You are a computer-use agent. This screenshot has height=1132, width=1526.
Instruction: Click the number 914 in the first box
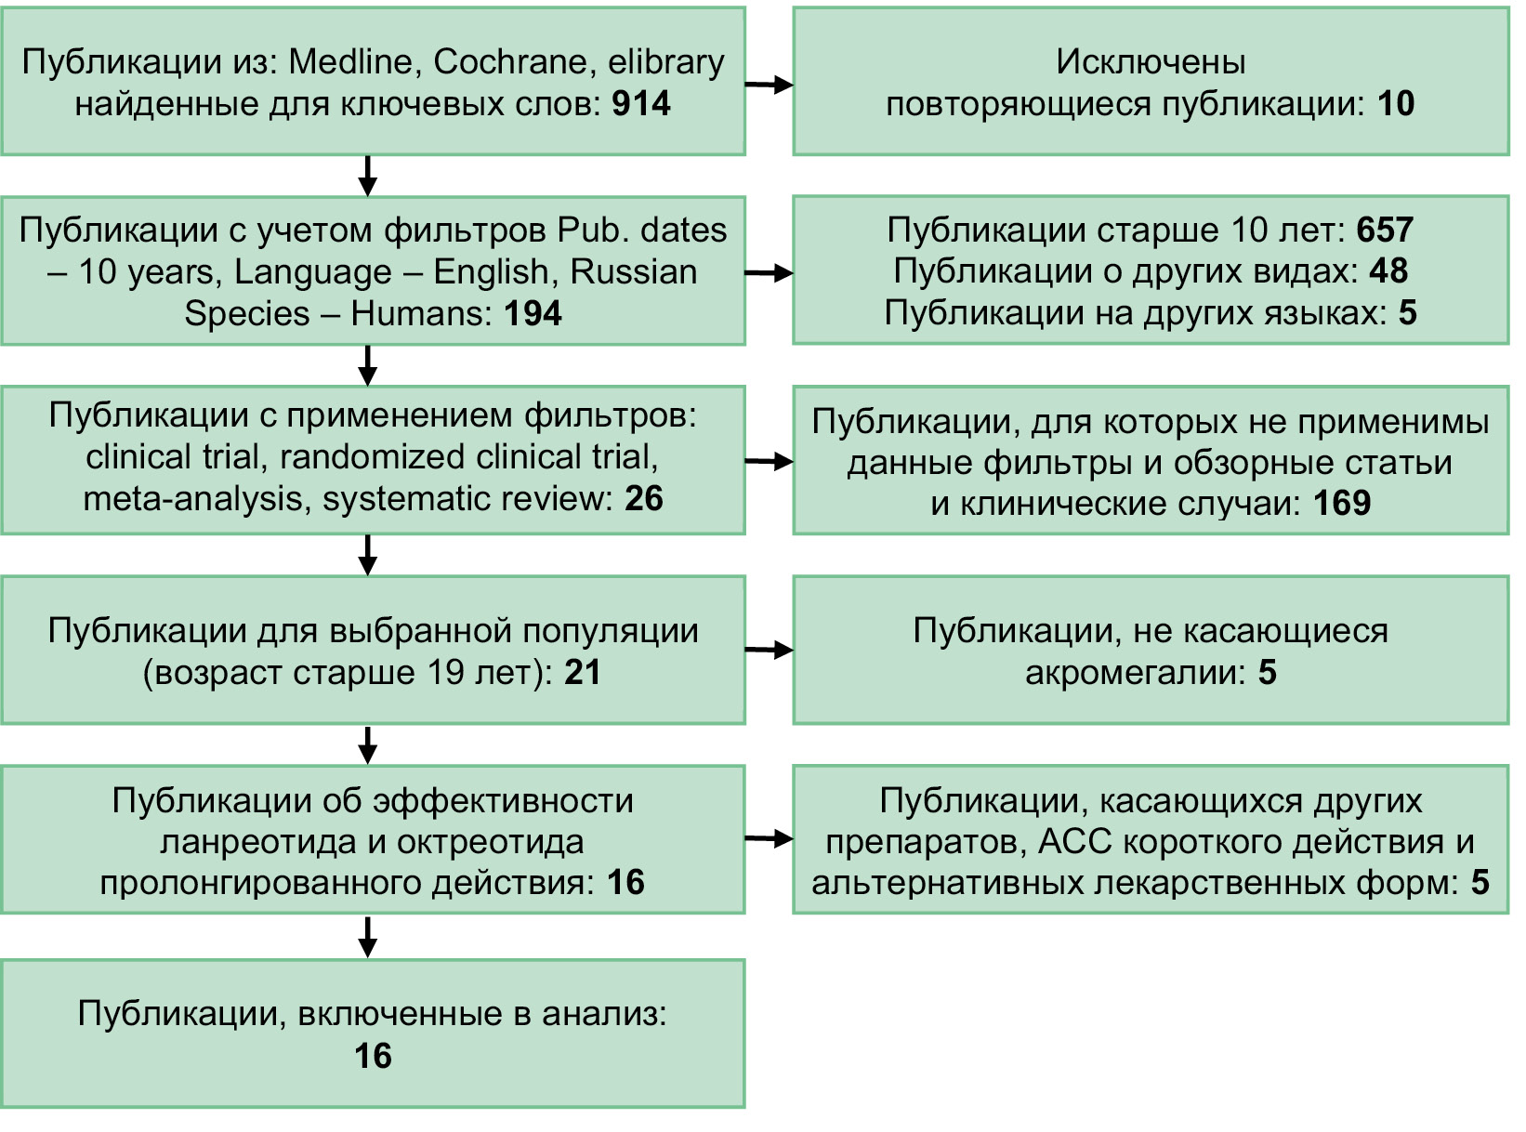tap(641, 103)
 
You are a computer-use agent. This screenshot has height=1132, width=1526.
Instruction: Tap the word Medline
tap(350, 61)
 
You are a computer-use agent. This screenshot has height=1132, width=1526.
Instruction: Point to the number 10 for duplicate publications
tap(1395, 103)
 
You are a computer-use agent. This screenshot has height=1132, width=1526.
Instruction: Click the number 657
tap(1385, 230)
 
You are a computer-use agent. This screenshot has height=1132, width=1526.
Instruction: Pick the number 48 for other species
tap(1388, 270)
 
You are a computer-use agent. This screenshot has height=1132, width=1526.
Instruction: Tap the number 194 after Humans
tap(533, 313)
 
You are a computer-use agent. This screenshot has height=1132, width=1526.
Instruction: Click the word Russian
tap(633, 271)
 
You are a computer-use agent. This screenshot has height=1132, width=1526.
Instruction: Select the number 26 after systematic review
tap(644, 498)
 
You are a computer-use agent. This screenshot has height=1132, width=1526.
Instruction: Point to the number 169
tap(1342, 503)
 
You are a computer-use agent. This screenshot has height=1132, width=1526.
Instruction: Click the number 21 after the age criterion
tap(583, 672)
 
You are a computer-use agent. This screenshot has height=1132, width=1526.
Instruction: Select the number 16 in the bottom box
tap(373, 1056)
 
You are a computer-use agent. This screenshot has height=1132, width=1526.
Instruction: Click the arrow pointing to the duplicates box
tap(770, 86)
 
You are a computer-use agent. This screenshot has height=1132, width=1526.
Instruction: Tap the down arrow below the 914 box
tap(368, 176)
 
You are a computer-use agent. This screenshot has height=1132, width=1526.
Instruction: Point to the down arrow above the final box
tap(368, 937)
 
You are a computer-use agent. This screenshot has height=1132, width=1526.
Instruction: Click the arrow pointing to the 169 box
tap(770, 462)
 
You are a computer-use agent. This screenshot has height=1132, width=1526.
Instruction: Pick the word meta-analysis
tap(198, 499)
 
